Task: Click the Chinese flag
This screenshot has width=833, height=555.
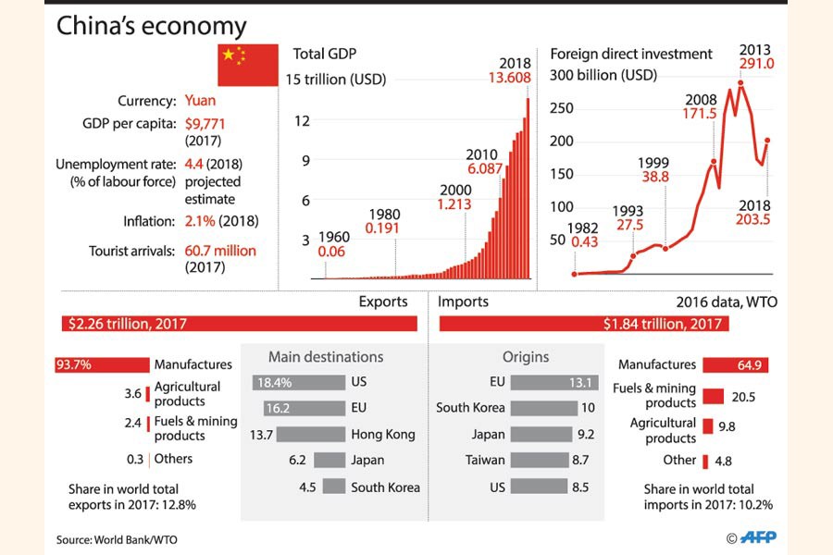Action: (247, 65)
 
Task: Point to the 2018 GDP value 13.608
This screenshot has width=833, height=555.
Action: (510, 79)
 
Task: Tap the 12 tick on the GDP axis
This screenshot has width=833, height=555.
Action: (302, 120)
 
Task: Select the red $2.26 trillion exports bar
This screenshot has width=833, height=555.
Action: (240, 324)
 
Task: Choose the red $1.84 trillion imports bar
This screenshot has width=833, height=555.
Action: (584, 324)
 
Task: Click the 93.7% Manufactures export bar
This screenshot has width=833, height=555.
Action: (102, 365)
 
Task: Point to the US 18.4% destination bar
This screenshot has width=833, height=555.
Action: (297, 382)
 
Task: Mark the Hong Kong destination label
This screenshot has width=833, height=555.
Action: (383, 434)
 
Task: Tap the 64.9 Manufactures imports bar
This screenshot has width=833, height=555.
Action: (735, 365)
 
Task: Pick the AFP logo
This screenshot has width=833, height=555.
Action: (757, 536)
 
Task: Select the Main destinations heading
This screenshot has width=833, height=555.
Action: (325, 357)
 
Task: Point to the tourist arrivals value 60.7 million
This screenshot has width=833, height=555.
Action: (219, 251)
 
